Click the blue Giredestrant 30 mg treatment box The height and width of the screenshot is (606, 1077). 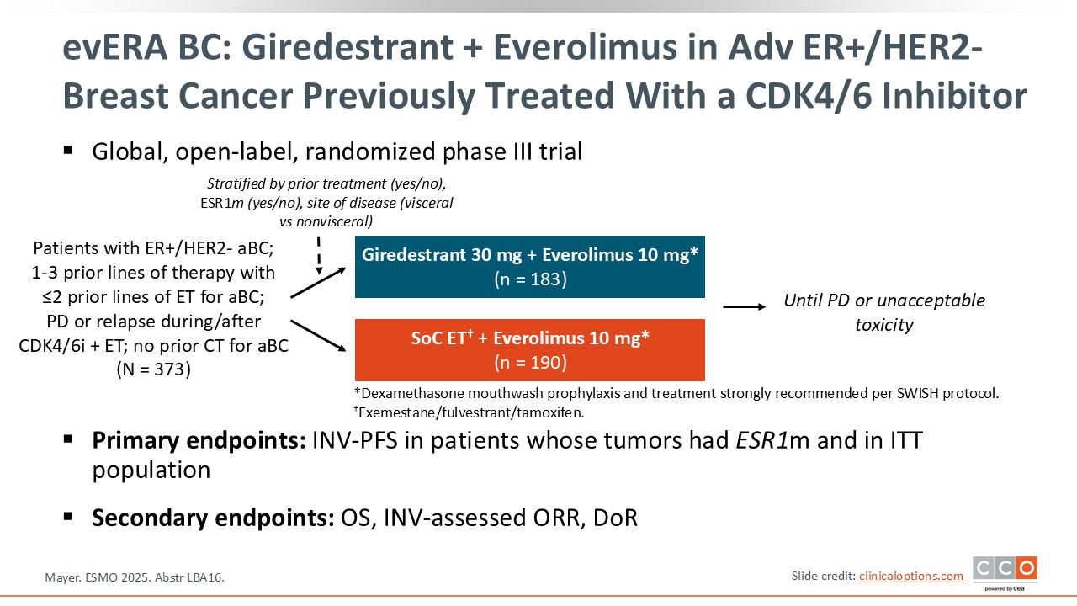click(530, 267)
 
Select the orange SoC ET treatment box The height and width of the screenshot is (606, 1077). click(530, 349)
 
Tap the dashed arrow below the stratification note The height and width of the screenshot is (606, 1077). click(319, 255)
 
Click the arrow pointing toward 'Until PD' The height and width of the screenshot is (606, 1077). click(745, 306)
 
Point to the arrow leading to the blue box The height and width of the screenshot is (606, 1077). click(318, 283)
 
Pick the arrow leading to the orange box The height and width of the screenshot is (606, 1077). click(318, 335)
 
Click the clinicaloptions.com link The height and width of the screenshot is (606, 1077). click(911, 577)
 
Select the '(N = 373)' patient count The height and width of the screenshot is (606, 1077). click(154, 369)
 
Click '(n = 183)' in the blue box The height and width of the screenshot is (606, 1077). click(530, 279)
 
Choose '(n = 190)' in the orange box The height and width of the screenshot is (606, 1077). click(530, 363)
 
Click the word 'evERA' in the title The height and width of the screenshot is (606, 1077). click(115, 47)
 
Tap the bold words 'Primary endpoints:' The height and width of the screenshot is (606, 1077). click(199, 440)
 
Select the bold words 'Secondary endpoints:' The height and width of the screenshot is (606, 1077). click(213, 518)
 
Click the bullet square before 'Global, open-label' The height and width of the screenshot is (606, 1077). click(68, 151)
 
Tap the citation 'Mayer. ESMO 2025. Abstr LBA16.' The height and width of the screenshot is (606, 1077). click(135, 577)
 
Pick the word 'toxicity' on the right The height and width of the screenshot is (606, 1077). click(884, 325)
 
